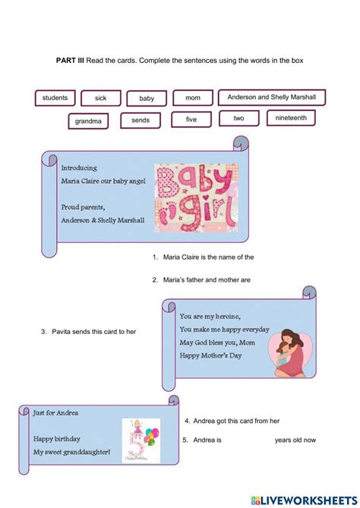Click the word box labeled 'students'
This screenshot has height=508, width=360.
(x=55, y=98)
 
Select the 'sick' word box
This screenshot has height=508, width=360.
(x=101, y=98)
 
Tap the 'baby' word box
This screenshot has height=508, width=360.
(x=147, y=98)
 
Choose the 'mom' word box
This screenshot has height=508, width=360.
(x=193, y=98)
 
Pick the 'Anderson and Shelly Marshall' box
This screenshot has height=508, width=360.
(x=271, y=97)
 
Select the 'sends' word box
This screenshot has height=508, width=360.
(x=141, y=120)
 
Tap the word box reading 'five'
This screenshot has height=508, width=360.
(x=191, y=119)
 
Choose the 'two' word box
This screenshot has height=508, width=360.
(x=238, y=118)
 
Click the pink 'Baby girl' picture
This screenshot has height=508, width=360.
(x=195, y=198)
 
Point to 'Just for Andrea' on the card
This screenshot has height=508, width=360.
(x=55, y=413)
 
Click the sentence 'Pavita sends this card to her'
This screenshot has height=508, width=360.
(x=95, y=332)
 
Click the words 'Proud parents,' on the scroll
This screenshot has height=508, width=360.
(x=84, y=207)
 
